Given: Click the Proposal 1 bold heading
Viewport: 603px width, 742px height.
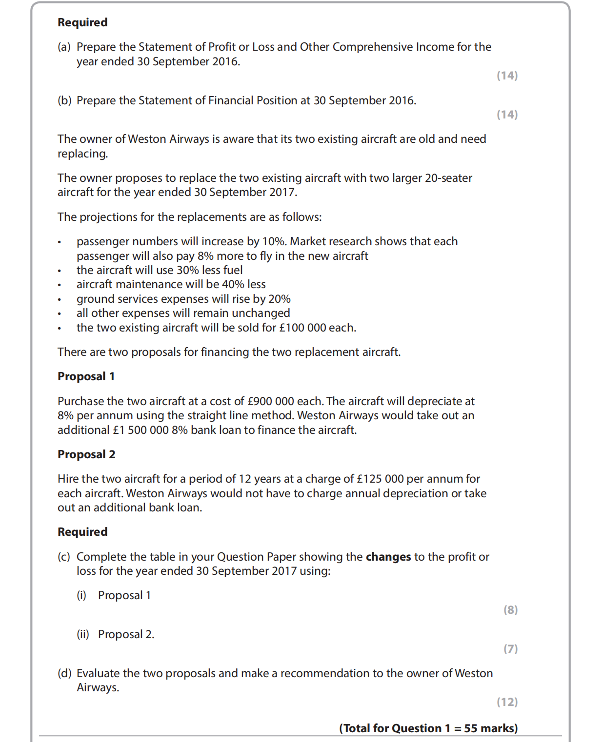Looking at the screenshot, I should [x=86, y=376].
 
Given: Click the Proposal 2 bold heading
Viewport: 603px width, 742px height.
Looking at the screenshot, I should [x=86, y=454].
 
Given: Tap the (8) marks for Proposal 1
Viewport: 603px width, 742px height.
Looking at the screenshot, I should [x=510, y=610].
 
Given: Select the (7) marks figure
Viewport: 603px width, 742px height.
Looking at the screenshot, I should [x=510, y=649].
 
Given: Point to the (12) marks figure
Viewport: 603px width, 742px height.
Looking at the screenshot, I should [x=507, y=702].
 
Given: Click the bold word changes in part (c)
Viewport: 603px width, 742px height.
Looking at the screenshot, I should [x=388, y=557].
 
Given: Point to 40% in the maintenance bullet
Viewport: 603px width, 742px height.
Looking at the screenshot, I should [x=233, y=284].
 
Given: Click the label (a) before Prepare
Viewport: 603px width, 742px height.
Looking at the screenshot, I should [x=64, y=47].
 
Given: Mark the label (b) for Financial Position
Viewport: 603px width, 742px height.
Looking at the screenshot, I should [x=64, y=100].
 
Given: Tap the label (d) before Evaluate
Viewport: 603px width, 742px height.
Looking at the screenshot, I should [x=64, y=673].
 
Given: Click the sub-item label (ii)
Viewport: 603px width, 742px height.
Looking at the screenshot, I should [x=82, y=634].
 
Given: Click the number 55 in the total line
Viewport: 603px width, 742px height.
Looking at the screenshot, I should [x=470, y=728].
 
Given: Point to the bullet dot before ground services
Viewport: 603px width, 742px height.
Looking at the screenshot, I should [x=60, y=300].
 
